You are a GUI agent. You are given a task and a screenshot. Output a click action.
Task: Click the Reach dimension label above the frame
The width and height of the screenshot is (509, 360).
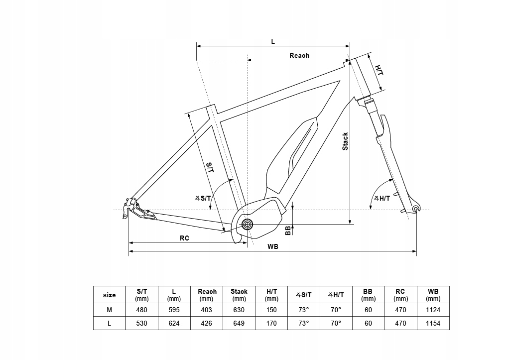pyautogui.click(x=299, y=55)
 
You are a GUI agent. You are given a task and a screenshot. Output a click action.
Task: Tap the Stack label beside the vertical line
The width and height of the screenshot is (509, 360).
pyautogui.click(x=345, y=141)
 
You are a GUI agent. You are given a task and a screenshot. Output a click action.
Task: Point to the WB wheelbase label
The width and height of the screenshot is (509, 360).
pyautogui.click(x=272, y=246)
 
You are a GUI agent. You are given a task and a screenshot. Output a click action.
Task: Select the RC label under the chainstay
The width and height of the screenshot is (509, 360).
pyautogui.click(x=184, y=238)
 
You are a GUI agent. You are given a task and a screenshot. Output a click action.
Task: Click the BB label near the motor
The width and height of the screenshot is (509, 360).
pyautogui.click(x=287, y=230)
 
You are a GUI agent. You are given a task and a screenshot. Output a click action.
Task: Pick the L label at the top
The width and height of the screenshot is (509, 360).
pyautogui.click(x=273, y=42)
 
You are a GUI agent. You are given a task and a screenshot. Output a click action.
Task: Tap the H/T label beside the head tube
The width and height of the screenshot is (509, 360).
pyautogui.click(x=379, y=70)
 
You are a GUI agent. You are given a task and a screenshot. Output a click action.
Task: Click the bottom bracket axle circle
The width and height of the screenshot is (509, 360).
pyautogui.click(x=247, y=225)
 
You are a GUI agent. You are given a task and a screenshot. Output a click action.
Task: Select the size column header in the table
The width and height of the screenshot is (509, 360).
pyautogui.click(x=109, y=295)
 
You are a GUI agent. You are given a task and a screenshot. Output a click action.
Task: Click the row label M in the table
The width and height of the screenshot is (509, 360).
pyautogui.click(x=109, y=310)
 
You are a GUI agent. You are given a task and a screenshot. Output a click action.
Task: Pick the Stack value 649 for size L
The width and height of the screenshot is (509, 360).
pyautogui.click(x=239, y=323)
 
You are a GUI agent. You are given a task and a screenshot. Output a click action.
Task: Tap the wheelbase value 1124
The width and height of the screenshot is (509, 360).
pyautogui.click(x=433, y=310)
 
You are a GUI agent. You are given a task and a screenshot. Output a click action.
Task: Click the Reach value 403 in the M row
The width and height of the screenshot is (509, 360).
pyautogui.click(x=206, y=310)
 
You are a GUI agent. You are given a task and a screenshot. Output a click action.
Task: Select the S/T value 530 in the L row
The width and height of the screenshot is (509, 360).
pyautogui.click(x=142, y=323)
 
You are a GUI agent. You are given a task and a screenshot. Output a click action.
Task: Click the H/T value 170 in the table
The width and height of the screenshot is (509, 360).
pyautogui.click(x=271, y=323)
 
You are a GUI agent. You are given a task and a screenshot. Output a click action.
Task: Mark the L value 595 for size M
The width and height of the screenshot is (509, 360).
pyautogui.click(x=174, y=310)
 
